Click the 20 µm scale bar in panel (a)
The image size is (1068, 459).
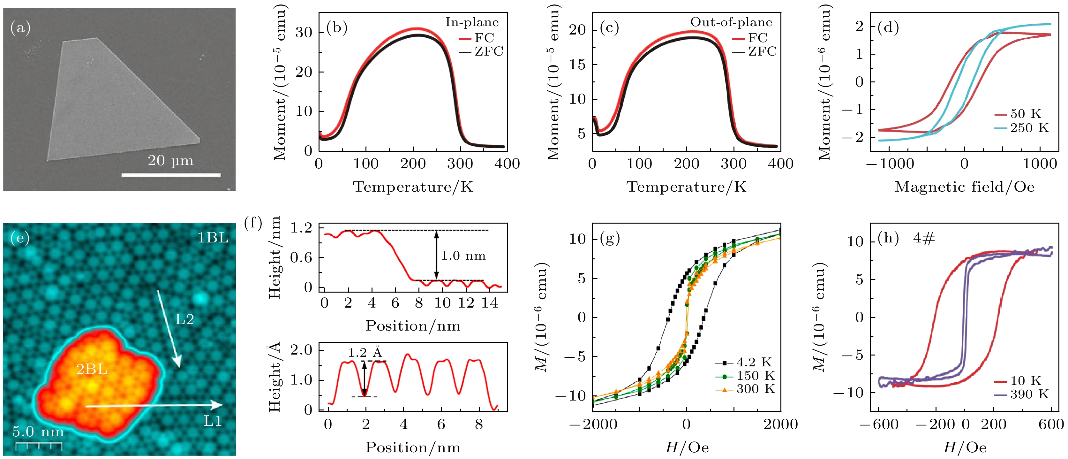(x=171, y=175)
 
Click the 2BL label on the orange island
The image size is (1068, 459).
(x=92, y=369)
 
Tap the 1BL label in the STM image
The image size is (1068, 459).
(x=213, y=238)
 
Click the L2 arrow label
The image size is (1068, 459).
(x=184, y=319)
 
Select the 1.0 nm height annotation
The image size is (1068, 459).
(x=463, y=256)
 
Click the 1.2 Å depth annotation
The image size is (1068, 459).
(x=365, y=353)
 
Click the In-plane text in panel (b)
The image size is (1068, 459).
(x=472, y=22)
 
